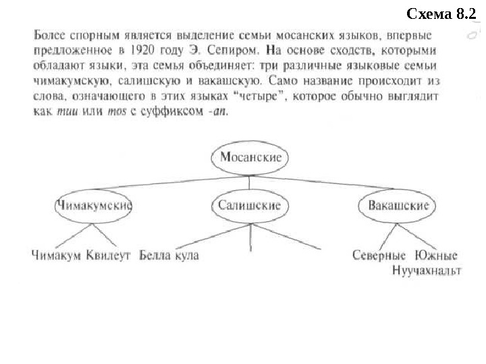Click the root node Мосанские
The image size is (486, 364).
pos(250,158)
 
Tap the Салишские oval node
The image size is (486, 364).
pos(250,206)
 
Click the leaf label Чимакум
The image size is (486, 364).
pos(56,255)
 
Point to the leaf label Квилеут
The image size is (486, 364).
pos(108,255)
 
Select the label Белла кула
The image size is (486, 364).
pos(169,255)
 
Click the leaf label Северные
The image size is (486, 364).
pos(379,255)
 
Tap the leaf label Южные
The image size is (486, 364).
pos(437,255)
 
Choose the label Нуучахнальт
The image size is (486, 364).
pos(427,271)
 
